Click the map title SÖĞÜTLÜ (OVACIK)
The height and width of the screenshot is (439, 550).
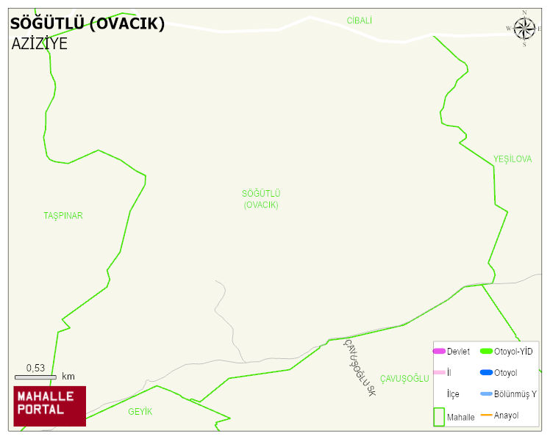[87, 24]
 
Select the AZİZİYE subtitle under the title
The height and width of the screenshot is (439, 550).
[40, 43]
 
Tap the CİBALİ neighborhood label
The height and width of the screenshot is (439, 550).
[360, 21]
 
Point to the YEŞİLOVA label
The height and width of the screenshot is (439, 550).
[512, 159]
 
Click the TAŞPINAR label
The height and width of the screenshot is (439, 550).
[63, 216]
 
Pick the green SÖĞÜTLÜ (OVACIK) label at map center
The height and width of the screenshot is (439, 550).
[261, 199]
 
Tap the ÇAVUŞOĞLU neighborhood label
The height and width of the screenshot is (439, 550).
[404, 378]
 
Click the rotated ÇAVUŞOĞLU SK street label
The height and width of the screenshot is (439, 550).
[360, 368]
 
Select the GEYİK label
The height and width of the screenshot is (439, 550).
[140, 412]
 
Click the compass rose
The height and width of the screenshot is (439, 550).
[524, 29]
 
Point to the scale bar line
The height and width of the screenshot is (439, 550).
[36, 377]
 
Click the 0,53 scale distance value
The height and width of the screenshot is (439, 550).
[36, 368]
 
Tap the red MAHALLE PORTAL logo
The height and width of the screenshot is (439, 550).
[50, 406]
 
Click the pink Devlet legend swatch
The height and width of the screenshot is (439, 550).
[439, 352]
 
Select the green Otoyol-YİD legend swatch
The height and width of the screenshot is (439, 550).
[486, 352]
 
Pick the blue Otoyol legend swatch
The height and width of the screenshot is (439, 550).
[486, 373]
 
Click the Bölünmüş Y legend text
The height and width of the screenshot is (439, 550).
[515, 394]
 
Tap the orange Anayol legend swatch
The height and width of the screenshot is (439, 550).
[486, 416]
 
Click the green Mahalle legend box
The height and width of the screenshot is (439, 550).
[439, 416]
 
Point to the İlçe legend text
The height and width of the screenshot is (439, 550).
[453, 394]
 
